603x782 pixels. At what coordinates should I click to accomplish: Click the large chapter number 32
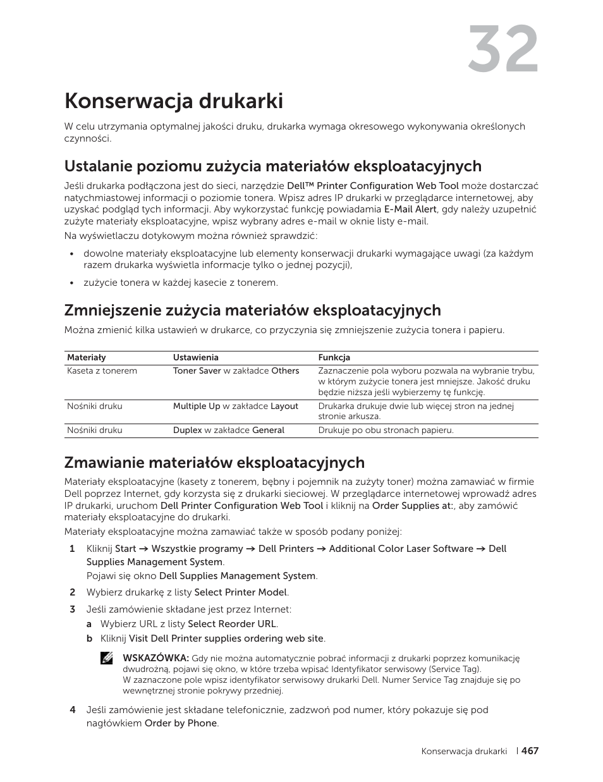(503, 51)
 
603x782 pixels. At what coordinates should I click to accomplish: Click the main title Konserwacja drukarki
(174, 101)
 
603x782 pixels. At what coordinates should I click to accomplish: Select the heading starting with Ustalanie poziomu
(272, 166)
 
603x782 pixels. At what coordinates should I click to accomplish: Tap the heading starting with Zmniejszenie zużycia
(252, 310)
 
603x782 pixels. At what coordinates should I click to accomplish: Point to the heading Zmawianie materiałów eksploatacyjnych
(214, 462)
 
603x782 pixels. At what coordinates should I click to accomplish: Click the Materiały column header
(87, 358)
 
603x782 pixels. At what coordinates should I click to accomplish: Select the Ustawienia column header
(195, 358)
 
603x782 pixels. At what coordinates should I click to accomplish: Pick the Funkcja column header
(334, 358)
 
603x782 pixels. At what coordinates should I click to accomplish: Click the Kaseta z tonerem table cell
(102, 371)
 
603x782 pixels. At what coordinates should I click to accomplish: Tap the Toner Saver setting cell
(236, 371)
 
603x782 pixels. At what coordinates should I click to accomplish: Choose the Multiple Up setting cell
(235, 406)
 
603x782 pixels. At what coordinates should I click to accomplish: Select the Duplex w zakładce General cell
(228, 431)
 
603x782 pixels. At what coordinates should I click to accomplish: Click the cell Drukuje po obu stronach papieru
(386, 431)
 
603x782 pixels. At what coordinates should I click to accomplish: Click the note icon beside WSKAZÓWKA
(107, 658)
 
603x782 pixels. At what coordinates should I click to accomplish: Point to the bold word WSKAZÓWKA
(155, 658)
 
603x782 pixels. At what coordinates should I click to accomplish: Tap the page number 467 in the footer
(530, 751)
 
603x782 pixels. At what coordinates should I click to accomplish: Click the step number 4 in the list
(72, 710)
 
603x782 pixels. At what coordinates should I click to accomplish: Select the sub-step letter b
(90, 638)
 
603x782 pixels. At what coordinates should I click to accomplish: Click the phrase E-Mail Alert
(410, 209)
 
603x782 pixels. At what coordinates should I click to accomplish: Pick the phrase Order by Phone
(180, 723)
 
